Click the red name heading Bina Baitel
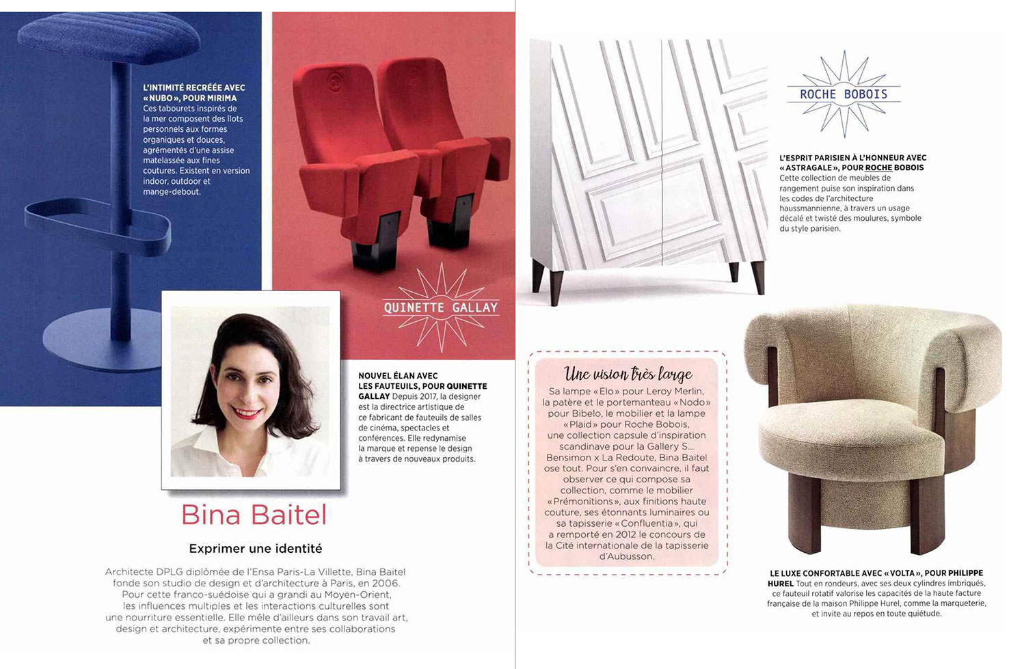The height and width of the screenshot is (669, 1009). pyautogui.click(x=254, y=515)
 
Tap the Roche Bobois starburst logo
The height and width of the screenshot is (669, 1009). pyautogui.click(x=844, y=94)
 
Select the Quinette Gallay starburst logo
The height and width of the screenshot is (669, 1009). pyautogui.click(x=441, y=308)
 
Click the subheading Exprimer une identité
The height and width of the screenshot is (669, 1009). pyautogui.click(x=255, y=548)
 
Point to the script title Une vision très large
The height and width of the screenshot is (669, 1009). pyautogui.click(x=628, y=373)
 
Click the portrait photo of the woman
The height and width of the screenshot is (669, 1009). pyautogui.click(x=250, y=391)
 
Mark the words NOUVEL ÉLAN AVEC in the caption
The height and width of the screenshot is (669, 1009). pyautogui.click(x=398, y=376)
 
